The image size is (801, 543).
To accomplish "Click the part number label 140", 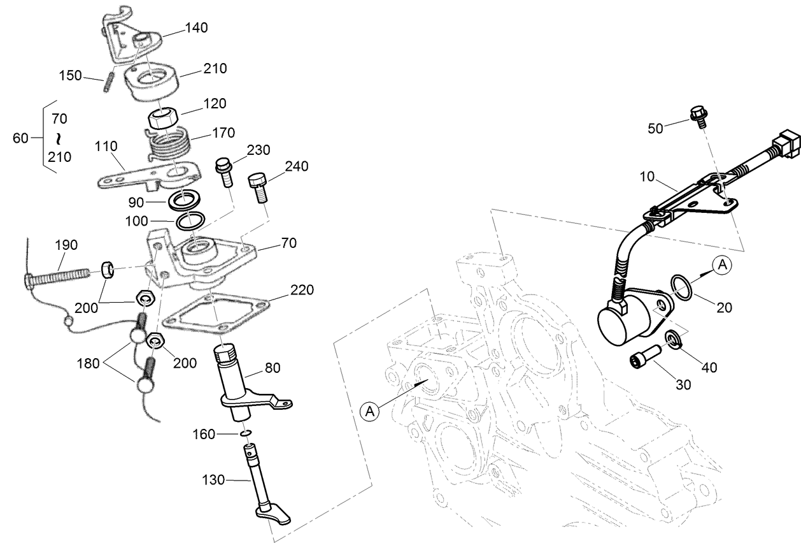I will [196, 28].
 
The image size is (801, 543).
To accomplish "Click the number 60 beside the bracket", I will [21, 137].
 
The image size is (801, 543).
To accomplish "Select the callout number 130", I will [213, 479].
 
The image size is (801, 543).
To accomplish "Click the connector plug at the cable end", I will [786, 141].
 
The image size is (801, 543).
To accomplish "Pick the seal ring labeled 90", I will [183, 201].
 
